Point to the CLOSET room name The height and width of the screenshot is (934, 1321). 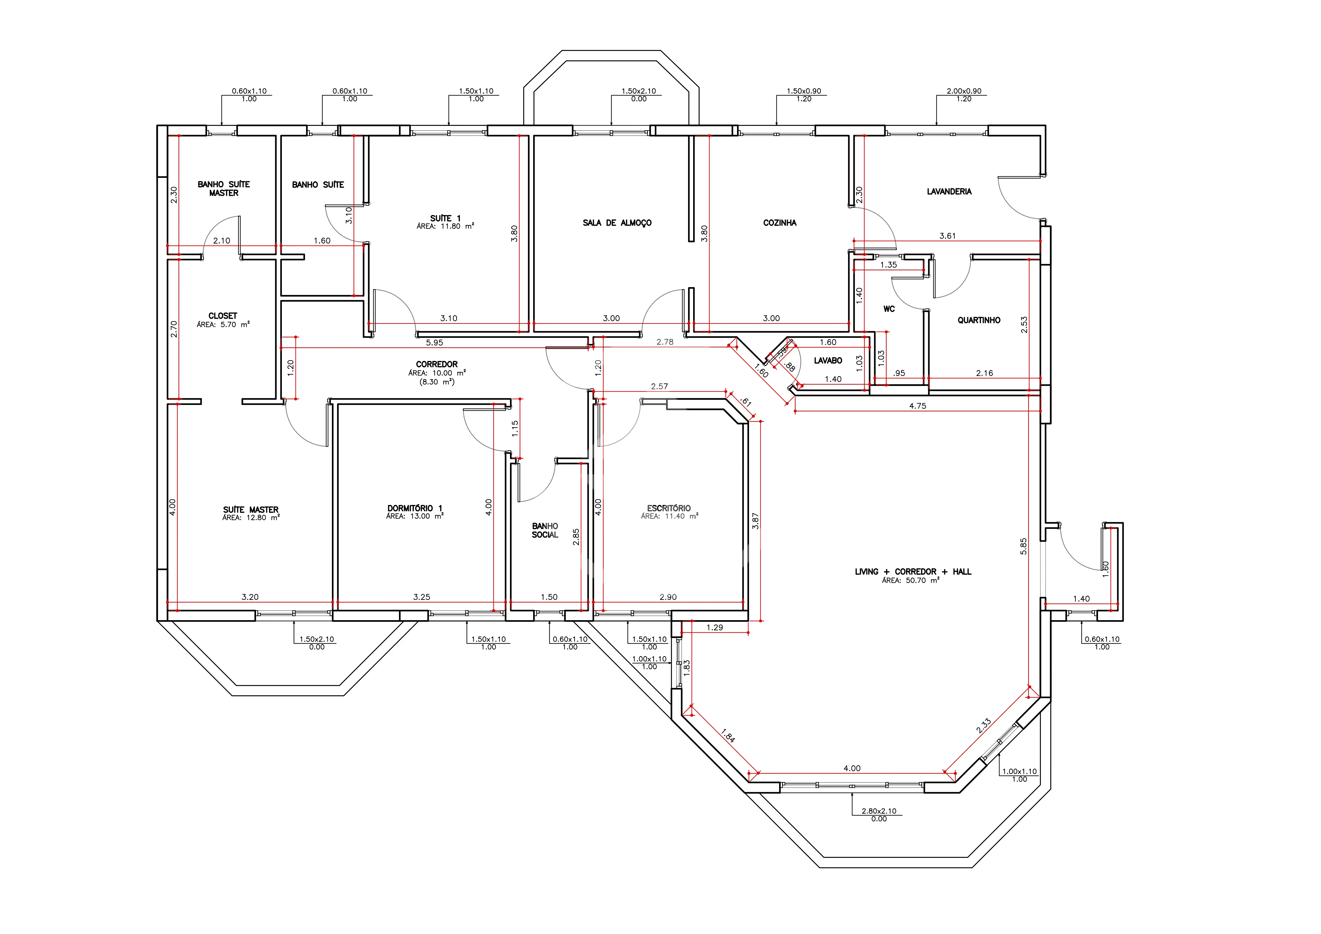click(223, 316)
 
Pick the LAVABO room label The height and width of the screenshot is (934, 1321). click(828, 360)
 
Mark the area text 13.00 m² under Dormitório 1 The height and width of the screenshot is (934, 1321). click(415, 516)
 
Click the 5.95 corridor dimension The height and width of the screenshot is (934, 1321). click(434, 342)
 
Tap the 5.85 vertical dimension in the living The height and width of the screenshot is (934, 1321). click(1023, 547)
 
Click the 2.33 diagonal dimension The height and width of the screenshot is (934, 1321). click(984, 725)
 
